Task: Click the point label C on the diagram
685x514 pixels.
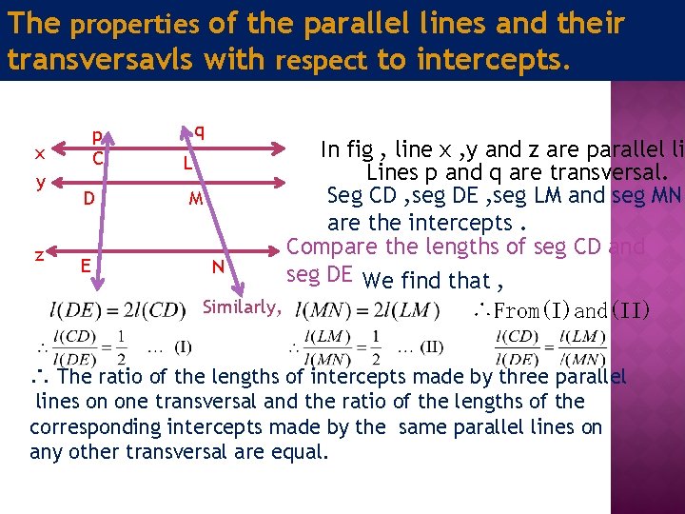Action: click(x=97, y=158)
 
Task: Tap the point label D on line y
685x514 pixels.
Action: click(x=88, y=200)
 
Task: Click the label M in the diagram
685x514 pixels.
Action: click(x=195, y=200)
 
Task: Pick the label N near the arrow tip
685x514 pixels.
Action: click(x=218, y=267)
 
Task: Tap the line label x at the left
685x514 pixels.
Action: click(x=38, y=152)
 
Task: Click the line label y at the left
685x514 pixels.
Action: click(x=41, y=181)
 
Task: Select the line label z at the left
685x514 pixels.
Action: click(x=38, y=254)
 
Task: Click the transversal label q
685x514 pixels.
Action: click(x=199, y=130)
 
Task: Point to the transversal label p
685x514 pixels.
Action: click(x=96, y=137)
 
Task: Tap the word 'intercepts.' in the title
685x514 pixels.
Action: click(x=489, y=60)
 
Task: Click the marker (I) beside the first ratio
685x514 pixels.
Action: click(x=183, y=345)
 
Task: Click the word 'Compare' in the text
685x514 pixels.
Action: click(x=329, y=247)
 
